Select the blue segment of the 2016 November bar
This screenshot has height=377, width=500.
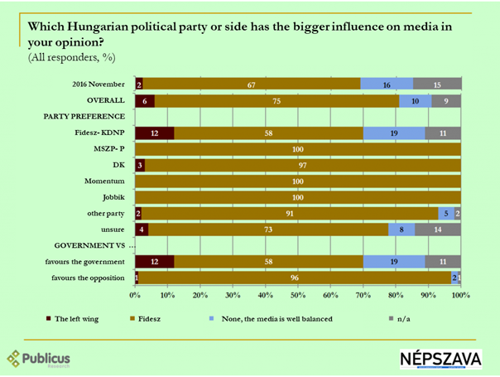tap(387, 84)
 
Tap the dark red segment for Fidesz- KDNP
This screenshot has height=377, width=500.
tap(155, 132)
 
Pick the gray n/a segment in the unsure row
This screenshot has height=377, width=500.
tap(438, 229)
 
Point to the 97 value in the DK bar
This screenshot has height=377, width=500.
tap(303, 164)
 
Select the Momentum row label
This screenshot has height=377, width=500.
tap(104, 181)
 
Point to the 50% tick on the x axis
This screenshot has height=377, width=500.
tap(298, 294)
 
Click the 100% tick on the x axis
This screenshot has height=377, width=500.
tap(460, 294)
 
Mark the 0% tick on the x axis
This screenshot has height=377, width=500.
tap(136, 294)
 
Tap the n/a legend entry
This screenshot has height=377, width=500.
tap(418, 316)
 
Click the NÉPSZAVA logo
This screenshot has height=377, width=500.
tap(439, 358)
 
